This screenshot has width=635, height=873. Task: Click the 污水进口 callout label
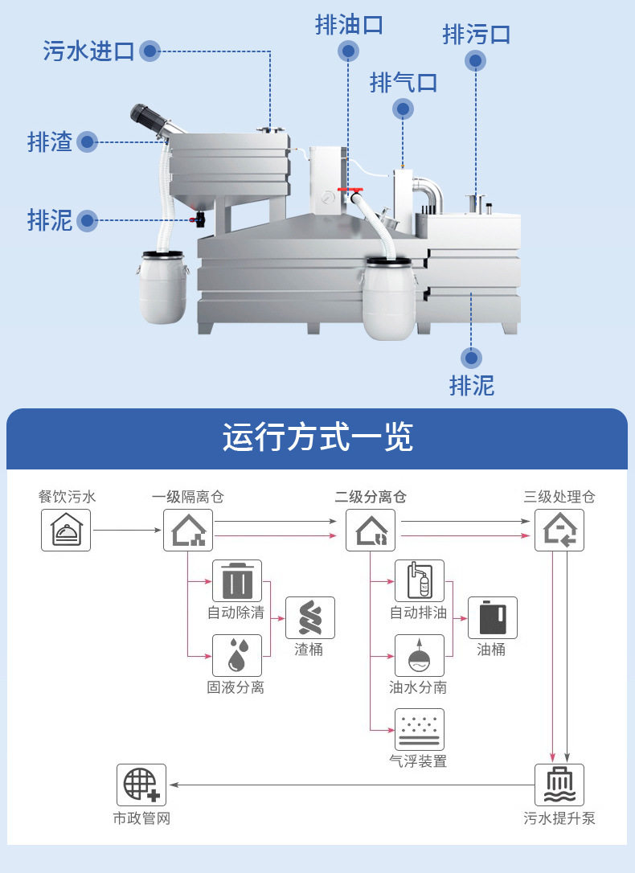88,51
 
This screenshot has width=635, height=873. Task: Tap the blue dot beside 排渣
87,142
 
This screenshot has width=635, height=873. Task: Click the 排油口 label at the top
349,25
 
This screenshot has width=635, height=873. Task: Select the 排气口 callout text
403,82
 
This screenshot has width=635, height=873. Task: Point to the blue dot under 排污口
476,60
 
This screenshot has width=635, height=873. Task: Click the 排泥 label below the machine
472,385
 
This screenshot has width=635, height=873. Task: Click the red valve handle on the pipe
351,190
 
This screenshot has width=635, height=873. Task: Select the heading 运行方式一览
317,437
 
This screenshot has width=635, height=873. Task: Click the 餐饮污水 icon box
66,530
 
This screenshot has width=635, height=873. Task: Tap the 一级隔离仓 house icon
188,530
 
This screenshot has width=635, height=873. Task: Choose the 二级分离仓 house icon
371,530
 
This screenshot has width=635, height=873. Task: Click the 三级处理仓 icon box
559,530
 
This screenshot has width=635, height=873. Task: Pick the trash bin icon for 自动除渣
237,580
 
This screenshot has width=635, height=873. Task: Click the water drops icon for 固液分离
237,655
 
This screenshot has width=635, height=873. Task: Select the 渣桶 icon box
309,617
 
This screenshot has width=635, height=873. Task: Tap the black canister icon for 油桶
492,617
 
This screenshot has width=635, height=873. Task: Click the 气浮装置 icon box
419,729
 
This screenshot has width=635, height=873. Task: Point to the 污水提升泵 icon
559,785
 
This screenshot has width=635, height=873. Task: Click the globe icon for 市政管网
141,785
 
